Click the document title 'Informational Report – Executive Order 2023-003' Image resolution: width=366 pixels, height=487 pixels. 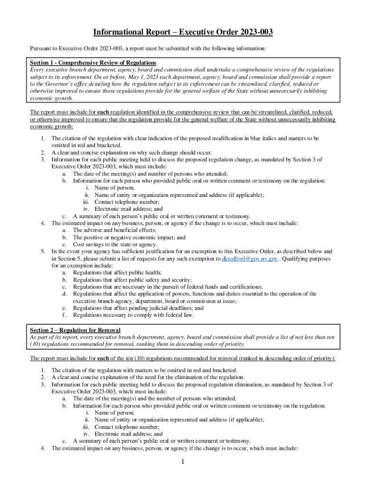(183, 32)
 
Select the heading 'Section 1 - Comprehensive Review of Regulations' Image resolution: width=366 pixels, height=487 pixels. (93, 63)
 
